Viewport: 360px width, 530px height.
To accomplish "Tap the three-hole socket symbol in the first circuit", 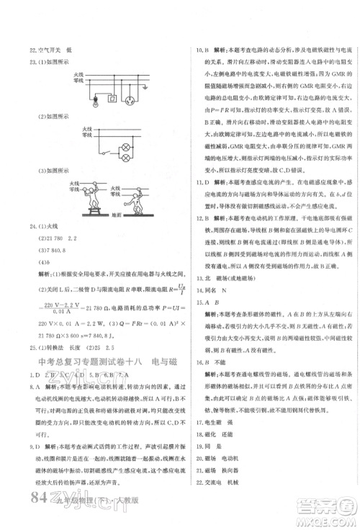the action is point(130,100).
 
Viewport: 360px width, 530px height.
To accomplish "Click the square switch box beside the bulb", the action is point(94,99).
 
